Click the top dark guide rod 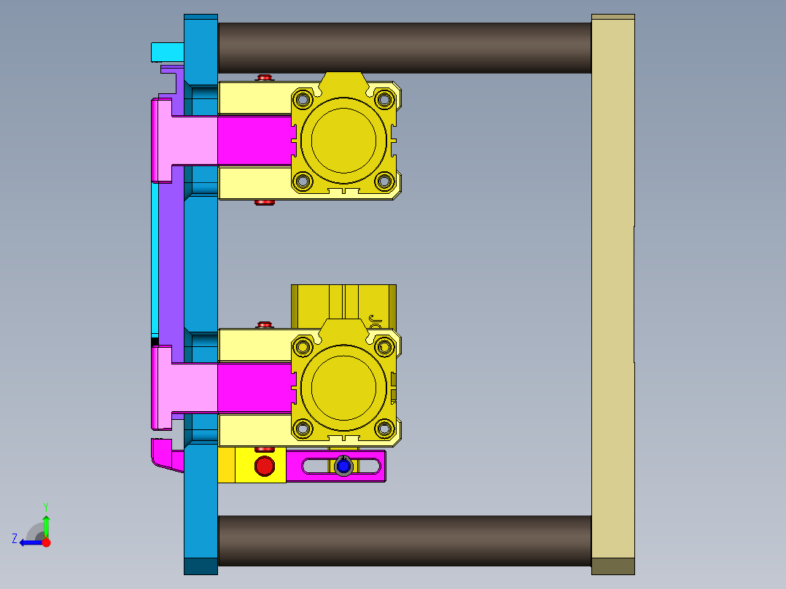(405, 47)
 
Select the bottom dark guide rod (405, 540)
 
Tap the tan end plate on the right (612, 292)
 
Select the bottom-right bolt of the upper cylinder (384, 182)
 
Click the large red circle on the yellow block (264, 465)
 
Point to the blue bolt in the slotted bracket (343, 465)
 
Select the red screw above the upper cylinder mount (264, 77)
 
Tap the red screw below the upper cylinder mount (264, 202)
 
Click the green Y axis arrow (46, 522)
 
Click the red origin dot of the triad (46, 542)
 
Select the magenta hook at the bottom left (166, 456)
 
